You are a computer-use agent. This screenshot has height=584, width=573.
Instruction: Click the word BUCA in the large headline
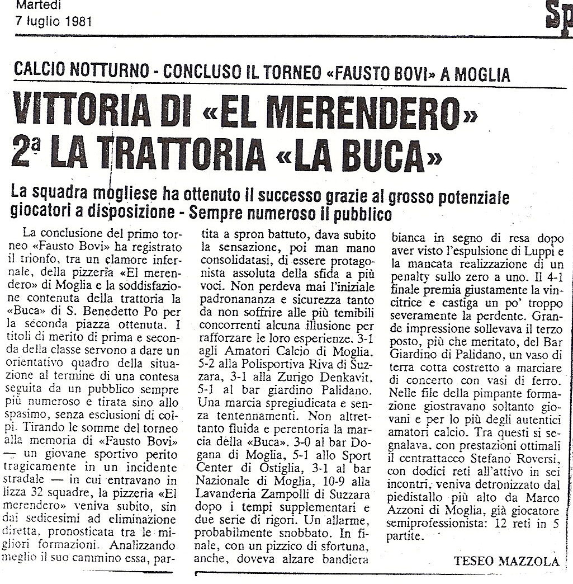pyautogui.click(x=379, y=153)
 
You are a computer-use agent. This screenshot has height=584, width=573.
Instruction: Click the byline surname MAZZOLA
pyautogui.click(x=524, y=545)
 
